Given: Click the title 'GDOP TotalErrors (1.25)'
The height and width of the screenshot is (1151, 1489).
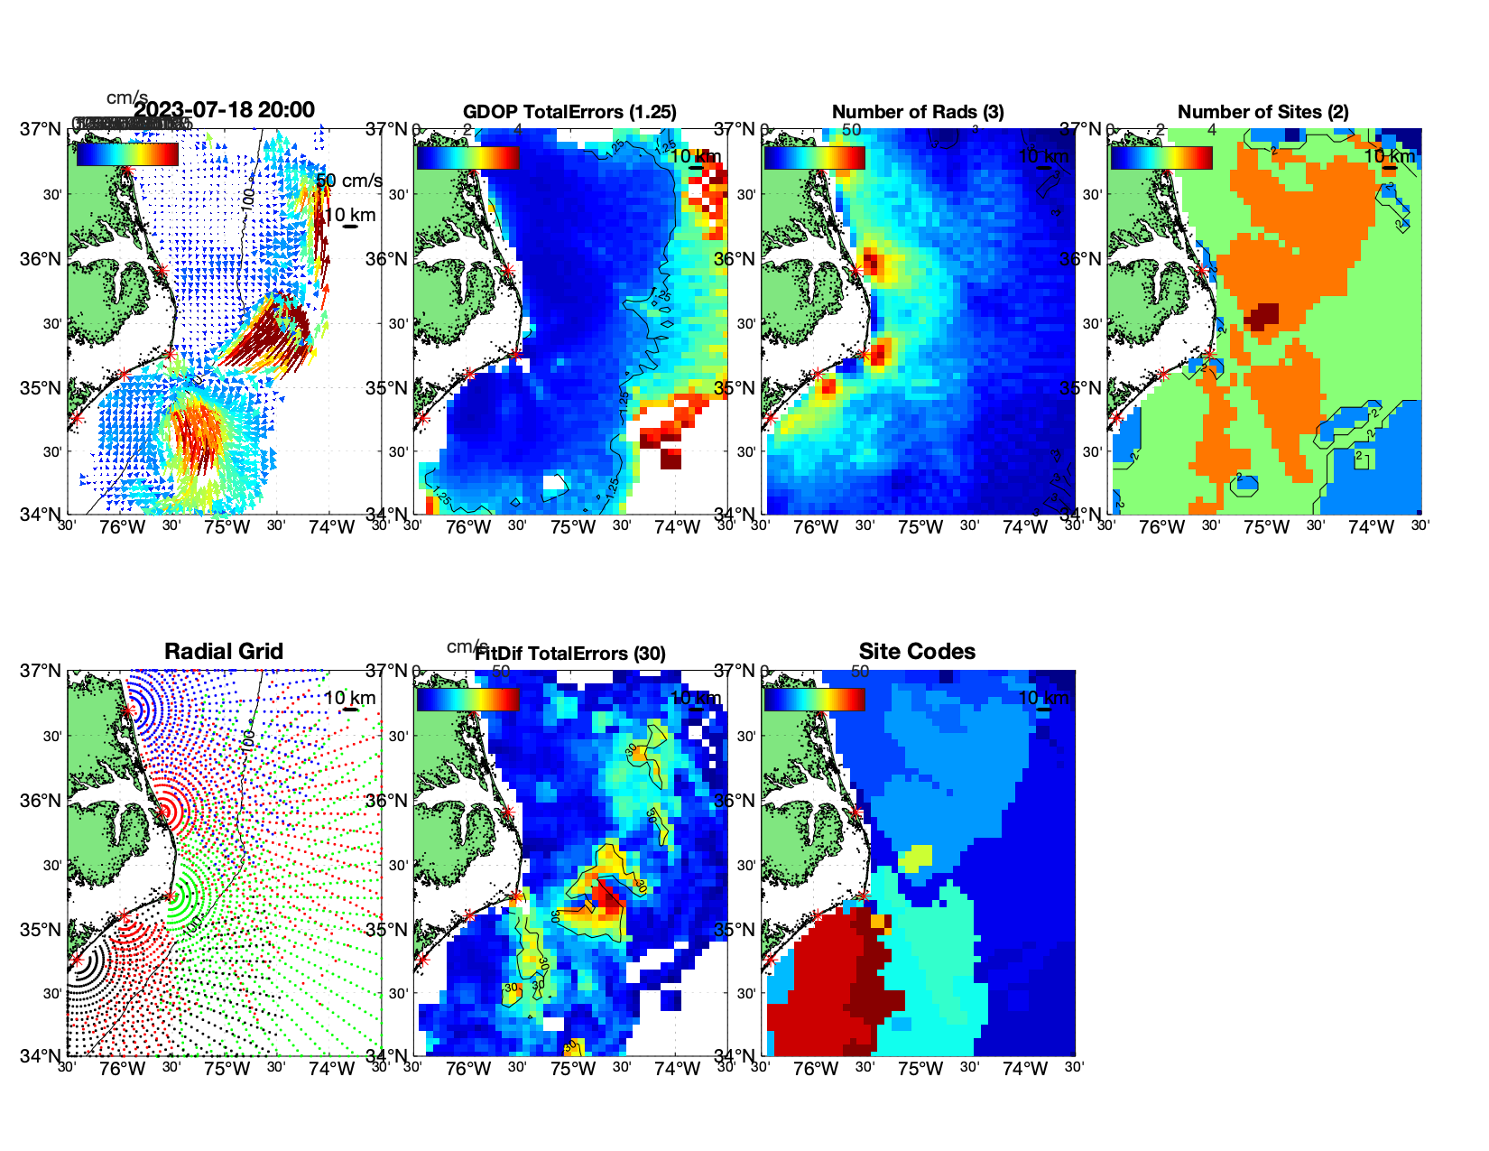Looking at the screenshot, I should [x=569, y=112].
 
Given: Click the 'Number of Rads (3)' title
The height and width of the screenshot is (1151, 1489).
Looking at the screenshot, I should [x=918, y=112].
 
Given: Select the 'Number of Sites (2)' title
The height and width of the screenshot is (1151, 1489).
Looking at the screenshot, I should [x=1262, y=112].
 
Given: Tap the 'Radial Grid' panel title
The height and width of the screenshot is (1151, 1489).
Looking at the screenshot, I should [x=224, y=652].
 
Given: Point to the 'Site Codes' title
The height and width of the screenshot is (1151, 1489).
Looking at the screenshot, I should [x=917, y=652].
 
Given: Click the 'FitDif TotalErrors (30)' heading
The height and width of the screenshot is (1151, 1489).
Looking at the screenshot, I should [x=570, y=654].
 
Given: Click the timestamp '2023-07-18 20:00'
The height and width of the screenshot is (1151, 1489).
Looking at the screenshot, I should [x=225, y=110].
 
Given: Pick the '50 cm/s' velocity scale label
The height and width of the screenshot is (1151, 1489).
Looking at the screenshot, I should [x=349, y=181].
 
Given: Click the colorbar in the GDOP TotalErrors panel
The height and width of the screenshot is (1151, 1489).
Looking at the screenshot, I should [x=467, y=156].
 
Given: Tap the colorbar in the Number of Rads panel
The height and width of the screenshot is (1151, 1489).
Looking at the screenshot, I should [x=814, y=156].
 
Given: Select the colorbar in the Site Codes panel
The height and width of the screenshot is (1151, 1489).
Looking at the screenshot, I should [x=814, y=699].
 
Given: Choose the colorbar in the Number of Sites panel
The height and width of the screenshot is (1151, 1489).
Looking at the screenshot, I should [x=1161, y=156].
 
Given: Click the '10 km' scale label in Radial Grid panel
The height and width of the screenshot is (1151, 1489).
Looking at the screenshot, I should [x=349, y=698].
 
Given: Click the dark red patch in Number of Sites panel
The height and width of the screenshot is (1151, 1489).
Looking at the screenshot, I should [x=1262, y=315].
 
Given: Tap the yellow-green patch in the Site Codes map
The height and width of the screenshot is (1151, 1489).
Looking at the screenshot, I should [x=918, y=856].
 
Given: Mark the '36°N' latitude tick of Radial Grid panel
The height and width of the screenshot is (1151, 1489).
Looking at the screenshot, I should [x=42, y=801].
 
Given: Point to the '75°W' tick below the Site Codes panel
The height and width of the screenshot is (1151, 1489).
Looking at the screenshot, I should [x=920, y=1070].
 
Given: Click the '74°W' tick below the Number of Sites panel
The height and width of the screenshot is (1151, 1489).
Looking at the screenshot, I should [x=1371, y=527].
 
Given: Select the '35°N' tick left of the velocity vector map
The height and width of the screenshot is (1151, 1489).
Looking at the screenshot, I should [x=42, y=388].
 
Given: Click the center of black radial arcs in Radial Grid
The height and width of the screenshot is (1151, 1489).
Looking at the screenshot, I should [x=76, y=961].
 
